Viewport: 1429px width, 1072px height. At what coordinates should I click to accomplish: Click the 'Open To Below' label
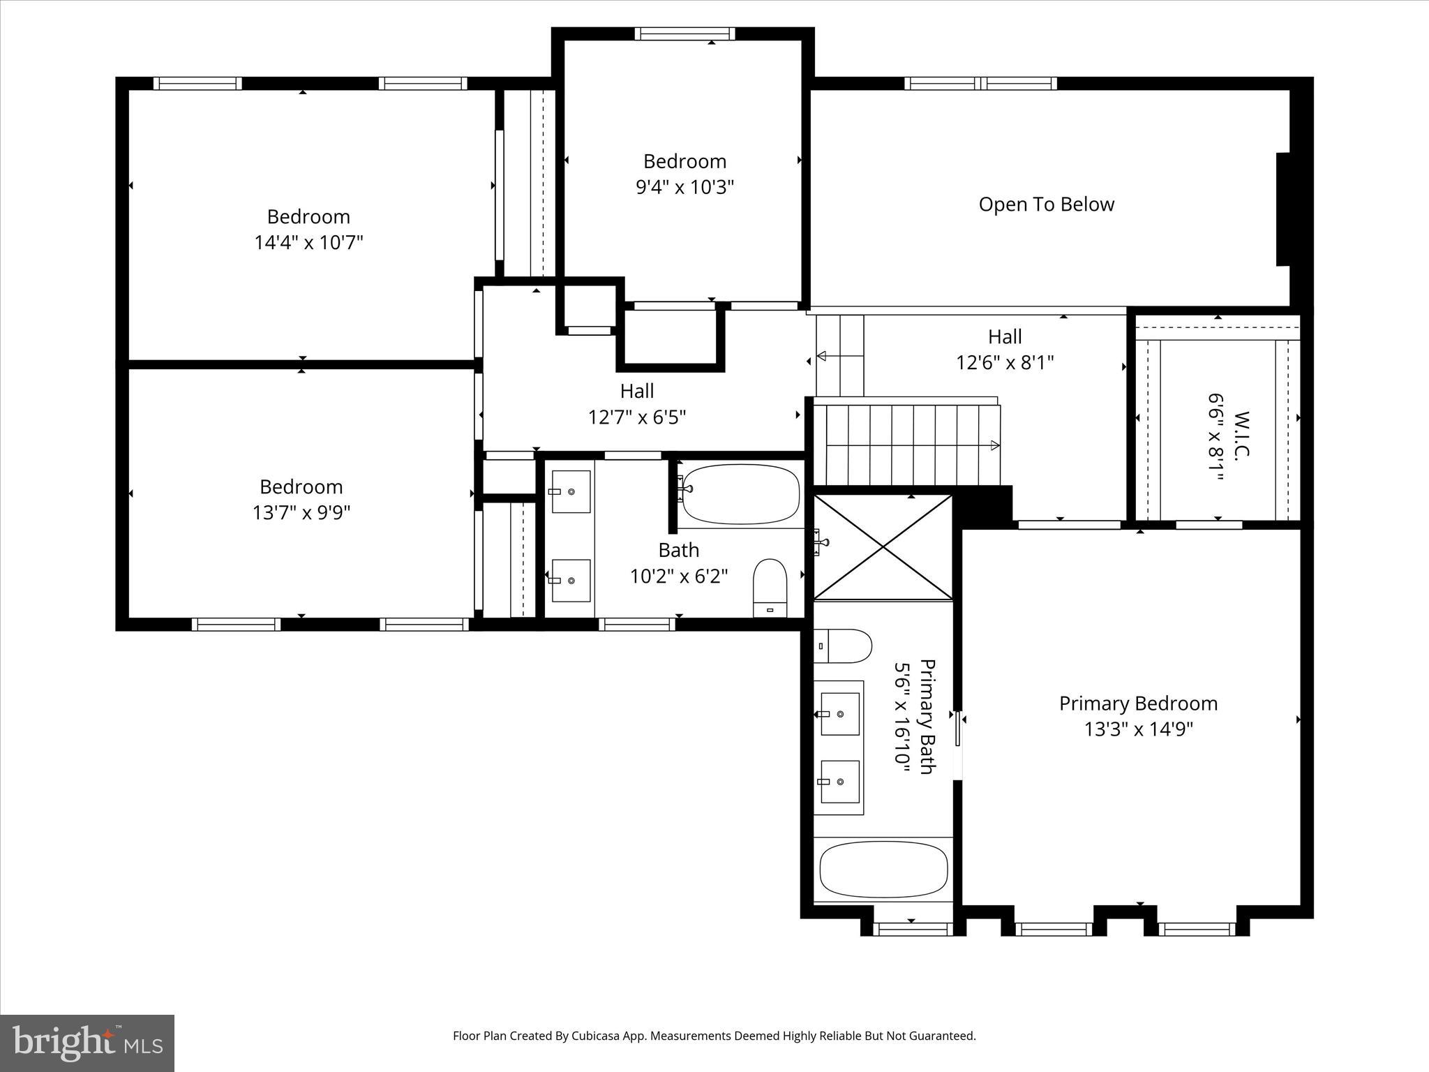tap(1046, 204)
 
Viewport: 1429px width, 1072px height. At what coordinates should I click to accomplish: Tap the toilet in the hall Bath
tap(770, 588)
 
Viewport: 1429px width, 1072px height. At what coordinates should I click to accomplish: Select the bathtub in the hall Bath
tap(740, 494)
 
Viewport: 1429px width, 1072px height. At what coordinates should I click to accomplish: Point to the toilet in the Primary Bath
tap(844, 646)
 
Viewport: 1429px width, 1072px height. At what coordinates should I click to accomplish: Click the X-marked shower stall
tap(883, 547)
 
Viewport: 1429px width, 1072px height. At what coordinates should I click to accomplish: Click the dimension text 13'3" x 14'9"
tap(1138, 729)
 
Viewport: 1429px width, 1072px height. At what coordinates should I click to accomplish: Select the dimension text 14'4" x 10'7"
tap(308, 243)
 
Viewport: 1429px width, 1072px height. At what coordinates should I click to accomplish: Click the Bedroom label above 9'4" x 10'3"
tap(684, 161)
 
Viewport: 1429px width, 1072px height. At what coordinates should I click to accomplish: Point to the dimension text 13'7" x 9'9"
tap(301, 513)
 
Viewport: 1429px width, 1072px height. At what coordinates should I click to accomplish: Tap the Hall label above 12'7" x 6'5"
tap(637, 391)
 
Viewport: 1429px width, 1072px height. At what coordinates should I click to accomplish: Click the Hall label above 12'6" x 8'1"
tap(1005, 336)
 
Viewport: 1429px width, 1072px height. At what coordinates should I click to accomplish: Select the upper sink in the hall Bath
tap(571, 491)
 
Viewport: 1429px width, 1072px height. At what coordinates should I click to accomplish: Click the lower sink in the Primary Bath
tap(839, 782)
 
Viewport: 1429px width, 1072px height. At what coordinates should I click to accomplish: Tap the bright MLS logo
tap(87, 1043)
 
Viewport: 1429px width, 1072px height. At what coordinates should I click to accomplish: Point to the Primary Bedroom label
tap(1138, 703)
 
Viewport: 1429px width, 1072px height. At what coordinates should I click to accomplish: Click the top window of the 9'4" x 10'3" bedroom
tap(684, 33)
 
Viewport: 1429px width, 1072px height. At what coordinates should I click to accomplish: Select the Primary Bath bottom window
tap(913, 929)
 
